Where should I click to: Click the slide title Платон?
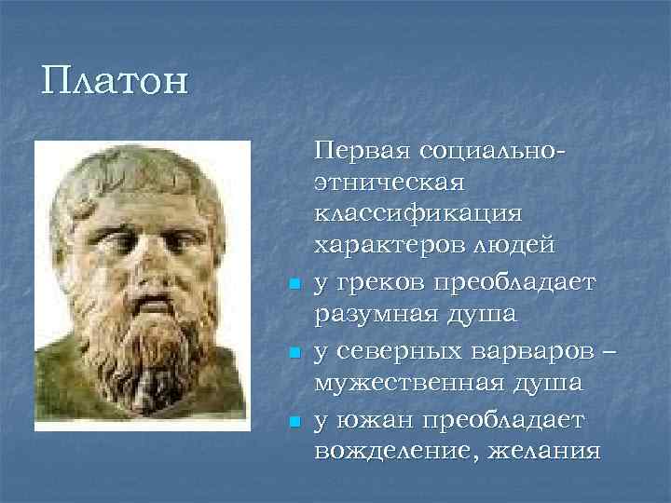click(x=115, y=80)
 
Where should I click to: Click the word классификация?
click(x=419, y=213)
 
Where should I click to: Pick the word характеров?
click(x=386, y=246)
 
